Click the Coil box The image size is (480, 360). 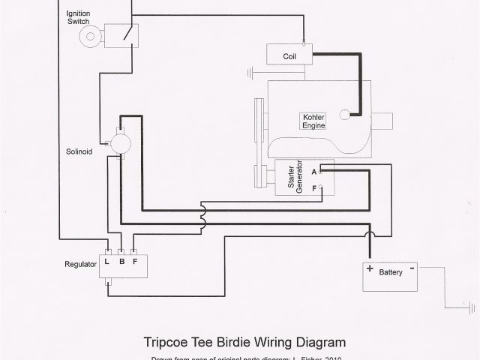[x=289, y=55]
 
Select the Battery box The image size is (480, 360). [x=390, y=277]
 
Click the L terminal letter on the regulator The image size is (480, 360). [x=109, y=262]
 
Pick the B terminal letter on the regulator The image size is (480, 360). [x=121, y=262]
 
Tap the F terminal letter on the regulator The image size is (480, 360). [x=135, y=262]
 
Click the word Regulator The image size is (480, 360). [x=80, y=265]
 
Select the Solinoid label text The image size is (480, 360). [x=79, y=151]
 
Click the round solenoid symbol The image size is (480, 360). [x=120, y=142]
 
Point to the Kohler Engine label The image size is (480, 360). [x=313, y=121]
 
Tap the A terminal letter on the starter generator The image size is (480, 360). [x=313, y=171]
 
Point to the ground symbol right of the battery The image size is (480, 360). [x=471, y=307]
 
